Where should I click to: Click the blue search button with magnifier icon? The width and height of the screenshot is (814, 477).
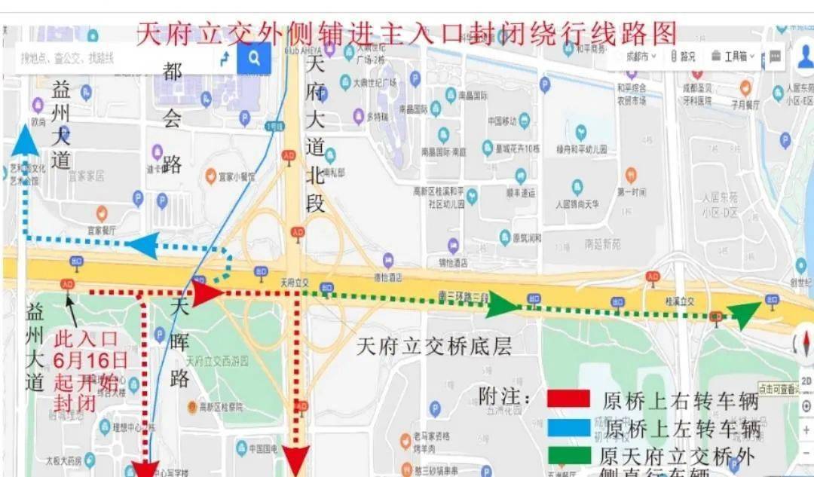(254, 57)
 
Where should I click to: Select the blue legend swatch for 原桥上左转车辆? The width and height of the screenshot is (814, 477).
(568, 428)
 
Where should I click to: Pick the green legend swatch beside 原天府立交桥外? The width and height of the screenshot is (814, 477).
(568, 455)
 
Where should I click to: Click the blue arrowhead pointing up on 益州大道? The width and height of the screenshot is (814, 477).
(26, 142)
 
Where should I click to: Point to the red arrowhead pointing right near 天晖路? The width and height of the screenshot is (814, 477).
(206, 293)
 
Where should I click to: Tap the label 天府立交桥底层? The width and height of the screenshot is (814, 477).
(433, 347)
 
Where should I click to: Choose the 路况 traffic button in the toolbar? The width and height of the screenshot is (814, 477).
(683, 56)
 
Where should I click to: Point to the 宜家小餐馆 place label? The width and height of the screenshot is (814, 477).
(236, 177)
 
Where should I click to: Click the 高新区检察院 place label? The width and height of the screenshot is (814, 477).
(220, 407)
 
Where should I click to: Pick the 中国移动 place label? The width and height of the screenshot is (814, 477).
(502, 121)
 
